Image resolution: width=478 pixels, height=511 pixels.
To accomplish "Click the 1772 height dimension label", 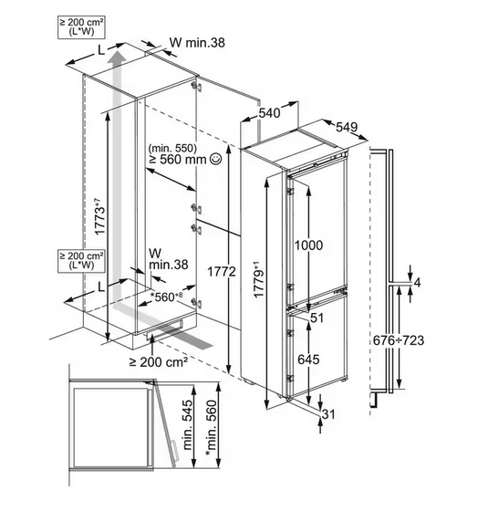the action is [x=222, y=271].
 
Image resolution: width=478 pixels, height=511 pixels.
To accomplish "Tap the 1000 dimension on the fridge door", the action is [x=308, y=245].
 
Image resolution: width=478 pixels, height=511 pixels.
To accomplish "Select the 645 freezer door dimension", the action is [x=308, y=360].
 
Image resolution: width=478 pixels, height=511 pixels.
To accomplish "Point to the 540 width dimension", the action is [x=269, y=113].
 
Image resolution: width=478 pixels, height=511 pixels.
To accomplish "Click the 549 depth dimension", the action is [x=347, y=127].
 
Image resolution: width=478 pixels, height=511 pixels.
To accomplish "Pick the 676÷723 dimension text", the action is [x=399, y=340].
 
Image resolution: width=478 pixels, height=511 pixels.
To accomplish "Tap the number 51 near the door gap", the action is [x=317, y=318].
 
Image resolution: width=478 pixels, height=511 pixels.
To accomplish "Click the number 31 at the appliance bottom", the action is [x=328, y=414].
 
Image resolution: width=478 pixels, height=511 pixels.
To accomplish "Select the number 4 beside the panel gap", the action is [x=417, y=283].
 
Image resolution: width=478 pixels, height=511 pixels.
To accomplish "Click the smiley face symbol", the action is [x=216, y=159].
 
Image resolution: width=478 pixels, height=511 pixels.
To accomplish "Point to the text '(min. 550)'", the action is [x=172, y=148].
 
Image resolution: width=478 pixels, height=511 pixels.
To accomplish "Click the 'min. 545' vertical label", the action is [x=188, y=424].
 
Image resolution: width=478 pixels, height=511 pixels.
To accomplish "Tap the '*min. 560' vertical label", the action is [x=211, y=428].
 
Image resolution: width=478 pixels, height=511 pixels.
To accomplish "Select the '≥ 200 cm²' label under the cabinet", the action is [x=159, y=361].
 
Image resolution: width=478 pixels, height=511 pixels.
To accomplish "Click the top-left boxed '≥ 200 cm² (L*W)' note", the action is [x=81, y=27].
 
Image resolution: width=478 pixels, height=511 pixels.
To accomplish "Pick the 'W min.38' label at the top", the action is [x=197, y=43].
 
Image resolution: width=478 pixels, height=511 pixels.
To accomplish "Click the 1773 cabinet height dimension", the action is [x=99, y=216].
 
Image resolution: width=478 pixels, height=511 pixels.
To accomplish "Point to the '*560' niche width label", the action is [x=165, y=297].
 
